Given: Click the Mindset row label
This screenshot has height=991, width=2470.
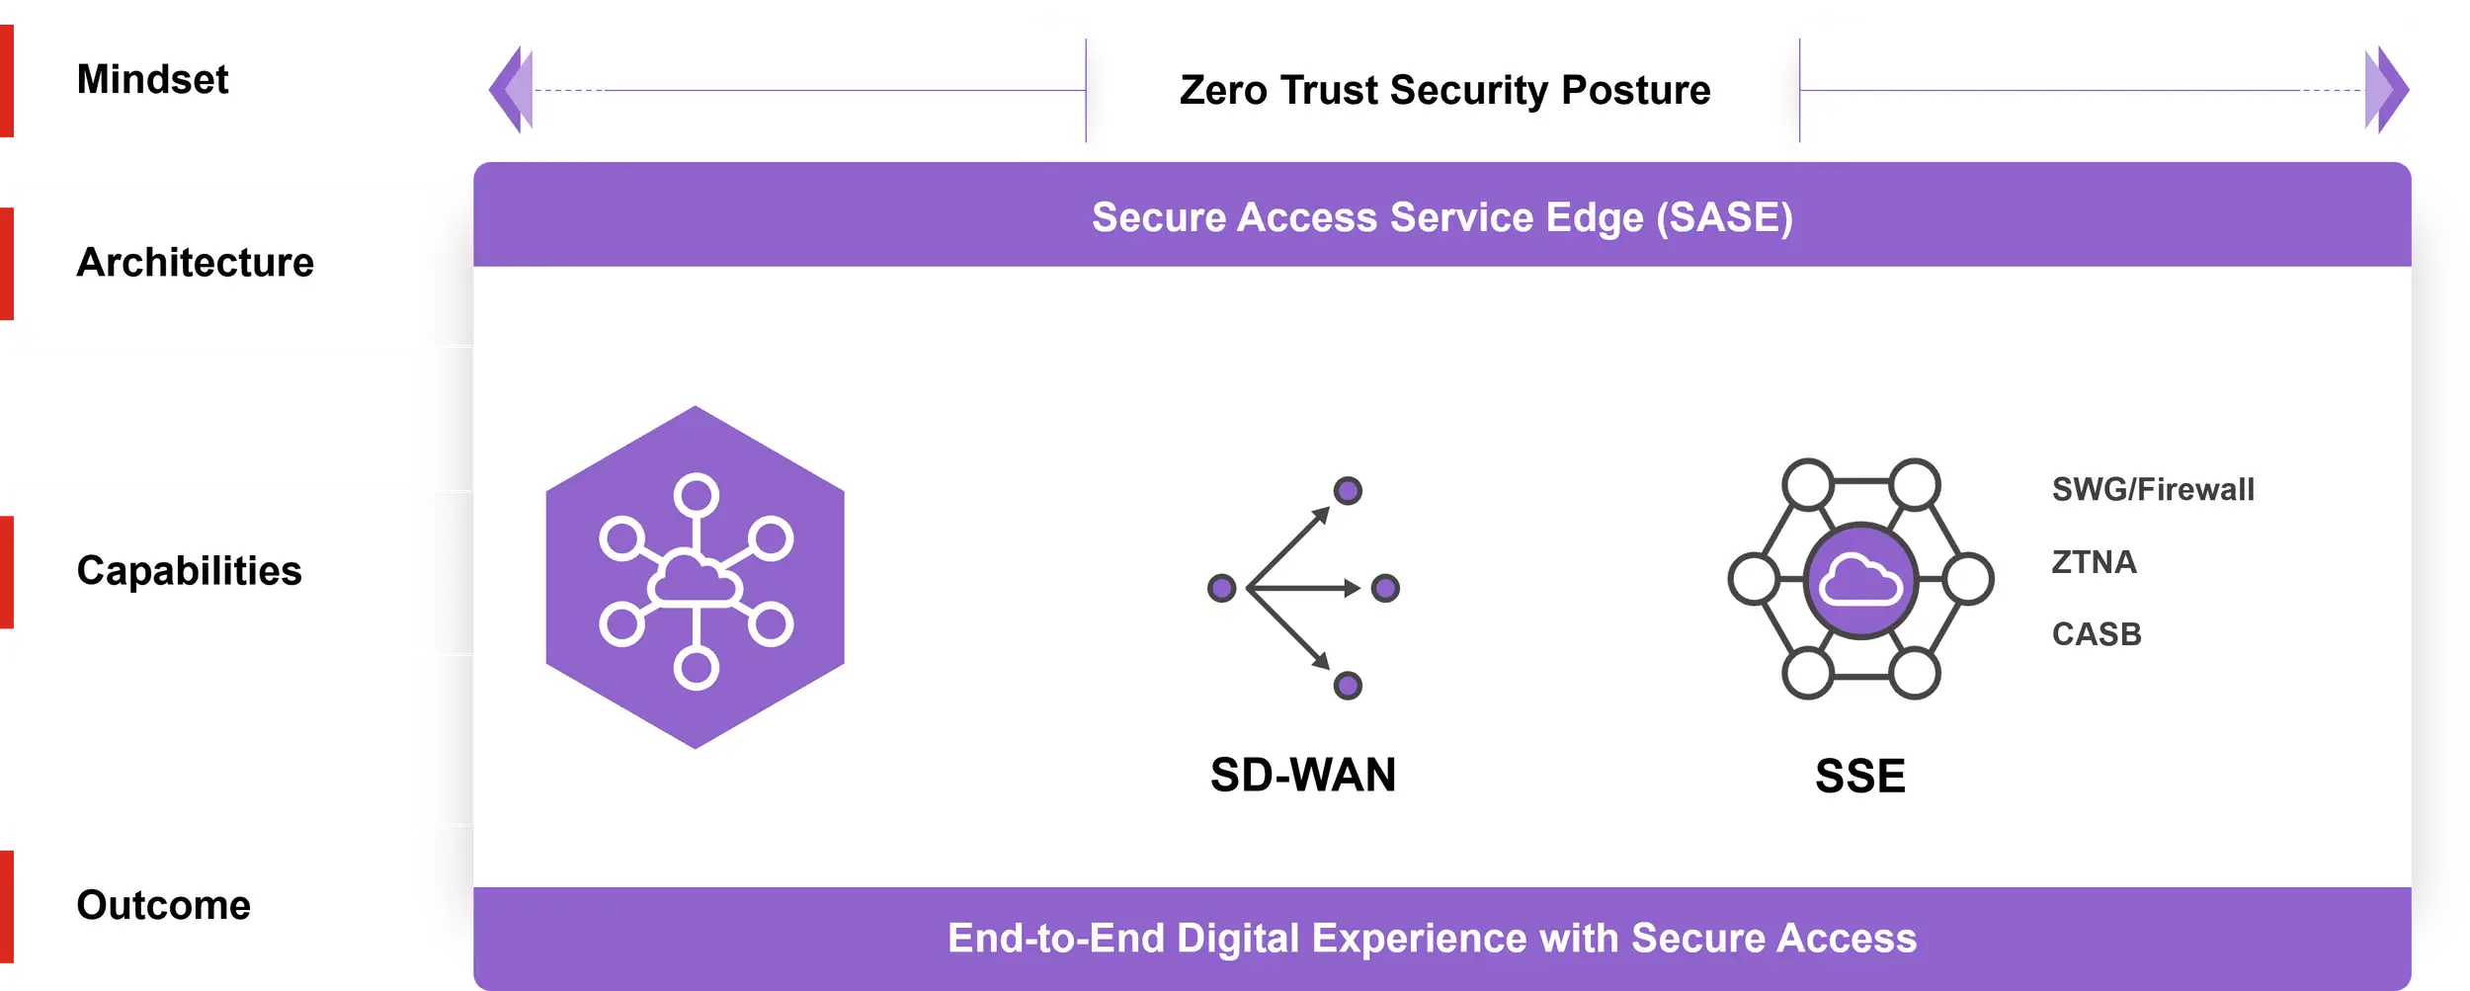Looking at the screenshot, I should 152,79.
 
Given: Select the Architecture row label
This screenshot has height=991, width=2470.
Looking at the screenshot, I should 195,263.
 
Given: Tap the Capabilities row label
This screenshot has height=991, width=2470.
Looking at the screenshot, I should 189,571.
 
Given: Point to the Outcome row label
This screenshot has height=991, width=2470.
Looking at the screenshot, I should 163,905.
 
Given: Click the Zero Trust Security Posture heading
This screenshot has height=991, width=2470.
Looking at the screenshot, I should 1444,90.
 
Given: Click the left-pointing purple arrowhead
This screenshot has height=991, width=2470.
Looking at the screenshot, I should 511,90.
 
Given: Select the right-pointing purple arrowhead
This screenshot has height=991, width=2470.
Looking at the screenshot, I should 2386,90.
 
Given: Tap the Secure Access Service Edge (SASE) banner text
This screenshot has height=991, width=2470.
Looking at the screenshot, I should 1441,217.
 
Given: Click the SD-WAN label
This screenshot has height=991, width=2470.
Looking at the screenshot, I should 1303,775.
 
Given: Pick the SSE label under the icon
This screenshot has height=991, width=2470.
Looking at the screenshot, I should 1859,776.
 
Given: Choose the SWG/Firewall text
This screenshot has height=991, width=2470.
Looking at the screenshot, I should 2153,489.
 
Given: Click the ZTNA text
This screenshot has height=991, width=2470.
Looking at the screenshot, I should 2094,562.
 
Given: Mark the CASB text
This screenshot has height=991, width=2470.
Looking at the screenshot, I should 2097,634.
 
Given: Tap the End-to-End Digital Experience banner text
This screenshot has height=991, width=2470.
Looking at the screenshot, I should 1432,938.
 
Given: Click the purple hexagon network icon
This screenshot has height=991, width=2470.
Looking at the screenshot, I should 696,577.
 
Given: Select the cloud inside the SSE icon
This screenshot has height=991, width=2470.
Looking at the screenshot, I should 1859,580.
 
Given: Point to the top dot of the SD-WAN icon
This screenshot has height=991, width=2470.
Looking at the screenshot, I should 1348,491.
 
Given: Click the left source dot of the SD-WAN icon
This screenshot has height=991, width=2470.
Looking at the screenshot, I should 1222,588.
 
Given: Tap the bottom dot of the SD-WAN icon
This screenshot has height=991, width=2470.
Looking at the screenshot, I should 1348,685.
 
